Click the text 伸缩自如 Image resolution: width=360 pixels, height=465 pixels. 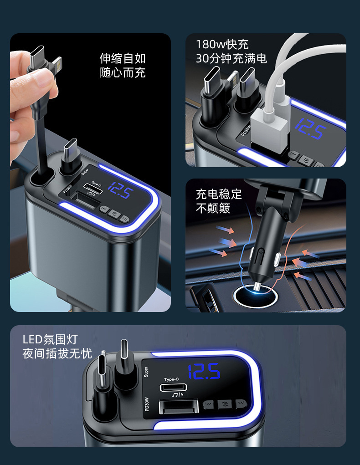[x=123, y=58]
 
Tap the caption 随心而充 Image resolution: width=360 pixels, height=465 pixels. [x=123, y=72]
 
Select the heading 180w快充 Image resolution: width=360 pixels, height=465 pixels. [x=222, y=45]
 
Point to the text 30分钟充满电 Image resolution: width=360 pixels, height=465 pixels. [x=231, y=58]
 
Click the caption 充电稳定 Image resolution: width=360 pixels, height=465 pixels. [x=219, y=194]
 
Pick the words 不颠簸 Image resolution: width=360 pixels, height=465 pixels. [x=213, y=209]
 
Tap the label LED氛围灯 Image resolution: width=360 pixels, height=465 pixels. [x=51, y=339]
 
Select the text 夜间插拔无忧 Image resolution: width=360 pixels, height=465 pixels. [x=57, y=353]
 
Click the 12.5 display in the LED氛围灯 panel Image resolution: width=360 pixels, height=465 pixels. [x=204, y=372]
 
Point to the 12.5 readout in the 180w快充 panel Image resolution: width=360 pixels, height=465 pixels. [x=310, y=129]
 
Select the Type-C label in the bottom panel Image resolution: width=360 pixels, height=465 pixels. [x=172, y=379]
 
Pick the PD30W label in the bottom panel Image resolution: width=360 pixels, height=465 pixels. [x=147, y=404]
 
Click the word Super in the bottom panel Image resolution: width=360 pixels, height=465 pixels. [x=146, y=372]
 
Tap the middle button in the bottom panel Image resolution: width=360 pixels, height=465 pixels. [x=224, y=404]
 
